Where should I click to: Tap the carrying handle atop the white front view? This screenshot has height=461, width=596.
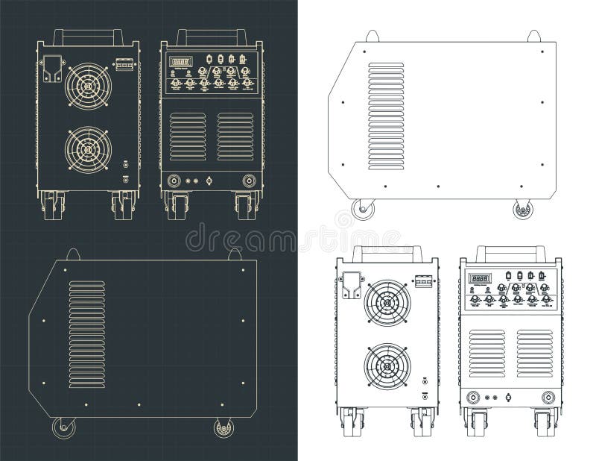[507, 251]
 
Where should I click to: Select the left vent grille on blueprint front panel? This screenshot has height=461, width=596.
[187, 137]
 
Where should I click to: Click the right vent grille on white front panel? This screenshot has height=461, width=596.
[534, 353]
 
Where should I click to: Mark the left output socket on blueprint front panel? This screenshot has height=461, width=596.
[174, 180]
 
